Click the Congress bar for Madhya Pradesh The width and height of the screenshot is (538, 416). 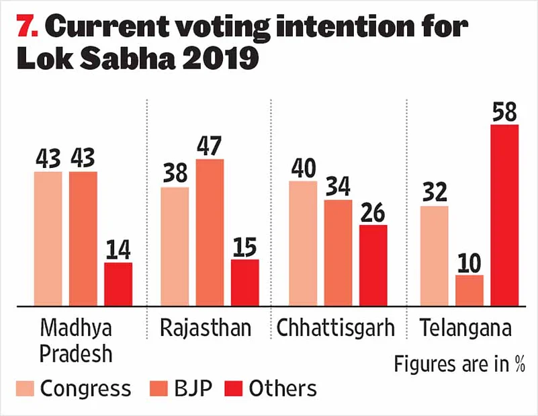(x=48, y=239)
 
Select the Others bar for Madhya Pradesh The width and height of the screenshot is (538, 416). (x=118, y=284)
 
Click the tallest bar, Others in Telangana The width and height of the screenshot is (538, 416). (x=504, y=215)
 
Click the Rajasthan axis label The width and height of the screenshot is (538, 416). (x=206, y=329)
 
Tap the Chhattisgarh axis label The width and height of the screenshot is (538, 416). (x=335, y=329)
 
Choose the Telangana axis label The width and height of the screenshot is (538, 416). (x=465, y=329)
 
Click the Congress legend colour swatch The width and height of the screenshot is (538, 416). (x=25, y=388)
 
